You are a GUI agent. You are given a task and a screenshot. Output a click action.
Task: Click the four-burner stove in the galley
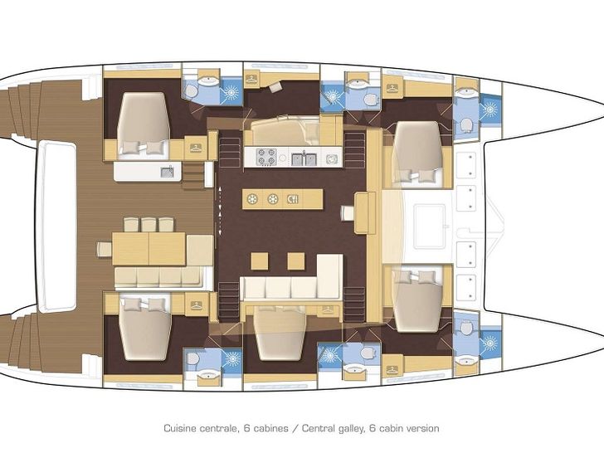point(266,157)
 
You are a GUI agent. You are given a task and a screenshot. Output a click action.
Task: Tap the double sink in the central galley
point(304,158)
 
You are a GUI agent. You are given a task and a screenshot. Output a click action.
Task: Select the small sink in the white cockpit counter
point(167,173)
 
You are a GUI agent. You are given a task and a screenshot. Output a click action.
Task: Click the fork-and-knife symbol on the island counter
point(293,199)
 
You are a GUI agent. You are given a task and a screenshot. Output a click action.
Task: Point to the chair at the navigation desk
point(348,213)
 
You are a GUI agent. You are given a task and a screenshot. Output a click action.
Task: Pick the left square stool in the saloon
point(259,261)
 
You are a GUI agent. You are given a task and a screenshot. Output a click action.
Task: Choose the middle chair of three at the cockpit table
point(149,224)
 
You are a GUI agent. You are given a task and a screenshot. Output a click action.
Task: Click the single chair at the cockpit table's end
point(105,248)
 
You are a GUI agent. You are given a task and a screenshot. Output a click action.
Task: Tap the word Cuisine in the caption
point(180,428)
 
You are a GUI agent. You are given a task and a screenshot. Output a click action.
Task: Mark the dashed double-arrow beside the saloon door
point(220,211)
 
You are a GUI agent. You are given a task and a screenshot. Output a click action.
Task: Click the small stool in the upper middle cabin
point(275,87)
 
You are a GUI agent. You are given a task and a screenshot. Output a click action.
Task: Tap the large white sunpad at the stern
point(58,226)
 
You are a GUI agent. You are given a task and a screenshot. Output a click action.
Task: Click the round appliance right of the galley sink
point(331,158)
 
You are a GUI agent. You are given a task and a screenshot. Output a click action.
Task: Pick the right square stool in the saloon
point(296,261)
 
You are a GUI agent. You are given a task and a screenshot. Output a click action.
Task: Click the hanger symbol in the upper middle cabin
point(251,80)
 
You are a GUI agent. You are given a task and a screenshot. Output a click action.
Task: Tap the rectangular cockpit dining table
point(149,248)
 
